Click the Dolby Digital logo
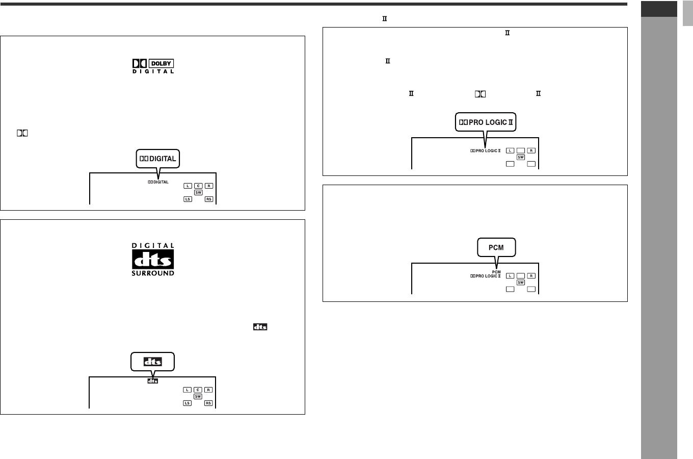[x=153, y=66]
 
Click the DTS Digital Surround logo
[x=153, y=260]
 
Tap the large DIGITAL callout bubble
[x=158, y=159]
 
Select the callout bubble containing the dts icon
[x=153, y=361]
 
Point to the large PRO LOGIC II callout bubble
[x=486, y=122]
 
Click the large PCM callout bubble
[x=496, y=247]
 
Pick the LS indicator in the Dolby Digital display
[x=188, y=199]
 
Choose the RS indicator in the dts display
[x=208, y=403]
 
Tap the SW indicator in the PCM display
[x=521, y=282]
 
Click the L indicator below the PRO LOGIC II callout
[x=510, y=150]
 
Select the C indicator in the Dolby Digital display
[x=198, y=186]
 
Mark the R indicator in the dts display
[x=208, y=390]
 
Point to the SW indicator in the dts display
[x=198, y=396]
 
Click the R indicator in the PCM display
[x=531, y=276]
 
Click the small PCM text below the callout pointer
[x=497, y=271]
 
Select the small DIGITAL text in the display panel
[x=158, y=182]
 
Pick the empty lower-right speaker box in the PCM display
[x=531, y=289]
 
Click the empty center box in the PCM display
[x=521, y=276]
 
